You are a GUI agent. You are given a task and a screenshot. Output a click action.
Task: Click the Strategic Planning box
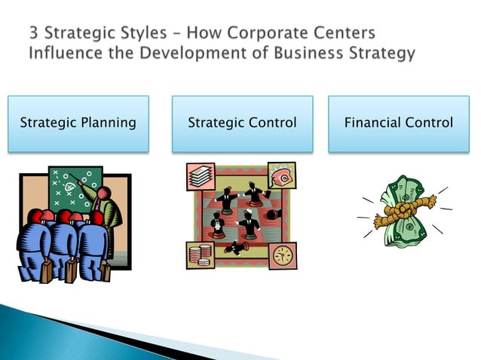pos(78,123)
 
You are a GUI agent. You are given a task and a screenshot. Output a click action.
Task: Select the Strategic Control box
pos(242,123)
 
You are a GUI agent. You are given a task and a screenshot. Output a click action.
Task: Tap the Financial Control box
pos(398,123)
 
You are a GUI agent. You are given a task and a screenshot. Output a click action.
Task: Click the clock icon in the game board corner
pos(283,255)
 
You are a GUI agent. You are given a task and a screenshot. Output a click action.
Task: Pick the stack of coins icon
pos(201,254)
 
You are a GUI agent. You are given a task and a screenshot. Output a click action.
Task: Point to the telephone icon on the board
pos(283,175)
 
